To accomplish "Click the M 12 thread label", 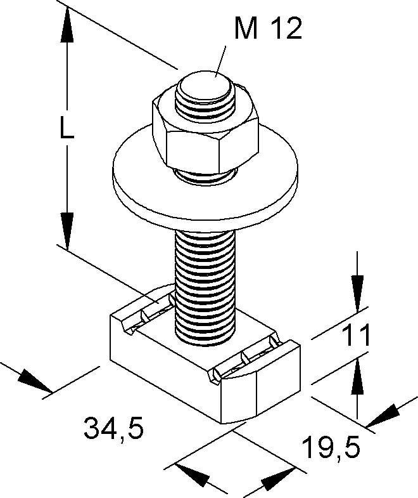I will click(268, 29).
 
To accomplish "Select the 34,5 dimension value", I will click(113, 429).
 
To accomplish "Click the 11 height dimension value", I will click(357, 336).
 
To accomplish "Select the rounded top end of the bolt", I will click(204, 86).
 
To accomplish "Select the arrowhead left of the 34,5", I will click(34, 381).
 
